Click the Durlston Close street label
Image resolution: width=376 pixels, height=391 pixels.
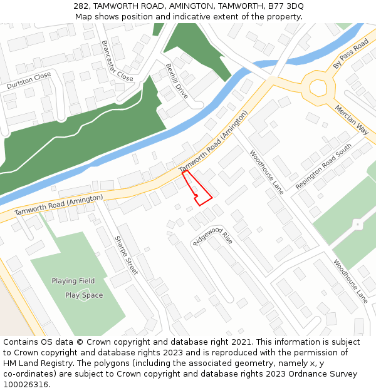click(29, 80)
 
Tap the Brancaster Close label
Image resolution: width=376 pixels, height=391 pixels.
click(117, 61)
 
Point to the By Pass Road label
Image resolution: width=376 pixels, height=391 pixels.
click(351, 55)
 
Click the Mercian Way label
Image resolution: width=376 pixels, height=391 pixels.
click(352, 119)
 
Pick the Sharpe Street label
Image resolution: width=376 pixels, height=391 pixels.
click(126, 255)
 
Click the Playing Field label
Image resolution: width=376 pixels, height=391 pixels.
click(73, 281)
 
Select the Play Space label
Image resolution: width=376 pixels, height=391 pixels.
click(84, 295)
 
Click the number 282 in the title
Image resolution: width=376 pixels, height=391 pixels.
click(81, 6)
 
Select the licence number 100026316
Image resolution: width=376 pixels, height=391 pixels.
click(26, 385)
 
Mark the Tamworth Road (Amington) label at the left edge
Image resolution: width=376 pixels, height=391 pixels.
click(58, 205)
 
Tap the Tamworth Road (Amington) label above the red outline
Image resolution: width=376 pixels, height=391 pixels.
click(213, 142)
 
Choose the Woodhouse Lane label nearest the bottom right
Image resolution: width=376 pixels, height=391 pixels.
click(350, 281)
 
